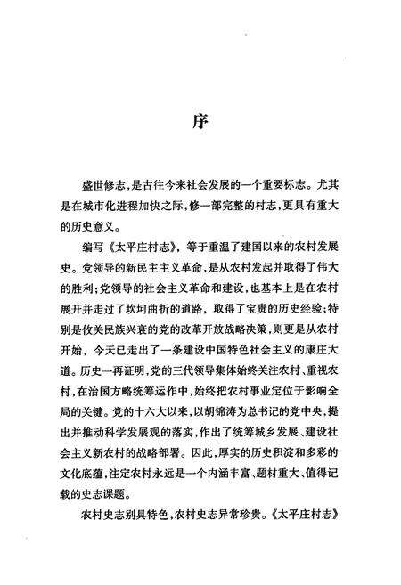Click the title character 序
coord(200,121)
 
